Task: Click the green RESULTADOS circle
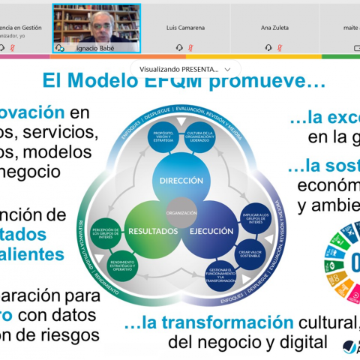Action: coord(152,230)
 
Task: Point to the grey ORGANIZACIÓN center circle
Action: coord(181,212)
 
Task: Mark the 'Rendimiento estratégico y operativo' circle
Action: coord(123,265)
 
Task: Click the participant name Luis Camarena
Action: coord(187,27)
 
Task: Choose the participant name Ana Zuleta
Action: coord(275,27)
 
